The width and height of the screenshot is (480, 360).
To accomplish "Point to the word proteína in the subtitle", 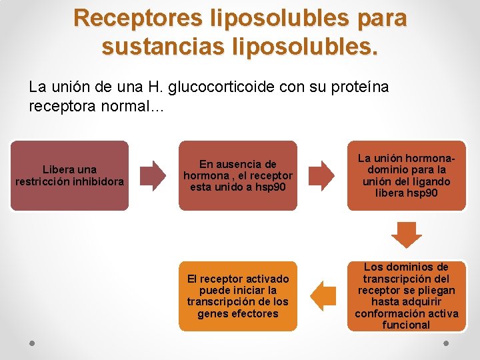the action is (x=358, y=87).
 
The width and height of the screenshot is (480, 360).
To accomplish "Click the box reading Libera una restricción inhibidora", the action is (x=69, y=175).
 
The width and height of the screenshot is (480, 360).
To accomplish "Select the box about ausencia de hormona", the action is (x=237, y=175).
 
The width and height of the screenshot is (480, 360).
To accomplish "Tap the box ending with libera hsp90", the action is (x=406, y=175).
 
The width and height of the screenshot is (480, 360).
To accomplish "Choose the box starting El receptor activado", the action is (x=237, y=297).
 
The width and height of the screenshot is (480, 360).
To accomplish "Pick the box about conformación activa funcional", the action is (x=406, y=297).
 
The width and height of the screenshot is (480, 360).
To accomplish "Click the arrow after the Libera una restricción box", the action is (x=156, y=175).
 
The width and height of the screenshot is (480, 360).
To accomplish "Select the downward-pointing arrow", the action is (x=406, y=235).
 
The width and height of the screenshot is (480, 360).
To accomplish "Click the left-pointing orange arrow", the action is (x=323, y=296).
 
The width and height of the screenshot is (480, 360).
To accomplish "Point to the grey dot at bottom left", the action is (x=32, y=343).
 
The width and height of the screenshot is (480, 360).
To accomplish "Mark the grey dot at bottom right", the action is (x=447, y=343).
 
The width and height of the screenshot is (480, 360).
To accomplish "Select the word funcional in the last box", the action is (x=406, y=325).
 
